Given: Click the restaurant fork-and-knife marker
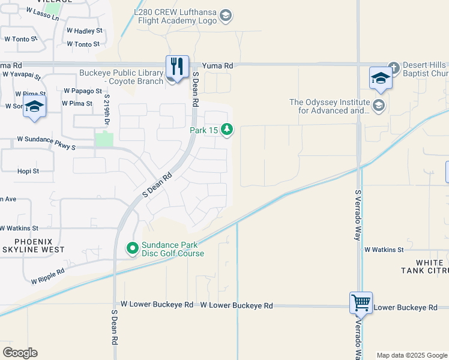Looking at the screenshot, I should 177,67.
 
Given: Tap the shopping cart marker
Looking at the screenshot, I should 361,303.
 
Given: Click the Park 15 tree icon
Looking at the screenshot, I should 227,129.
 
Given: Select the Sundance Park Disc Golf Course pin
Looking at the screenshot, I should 133,247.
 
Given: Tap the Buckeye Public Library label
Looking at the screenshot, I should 121,77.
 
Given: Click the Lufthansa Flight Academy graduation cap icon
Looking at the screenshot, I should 226,15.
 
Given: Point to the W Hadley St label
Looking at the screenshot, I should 85,30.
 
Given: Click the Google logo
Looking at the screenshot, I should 20,353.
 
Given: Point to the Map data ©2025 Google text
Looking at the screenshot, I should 411,355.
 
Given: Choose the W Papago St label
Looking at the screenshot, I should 82,91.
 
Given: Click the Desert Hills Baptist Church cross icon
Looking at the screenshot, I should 394,67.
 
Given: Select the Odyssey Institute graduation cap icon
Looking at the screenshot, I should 378,106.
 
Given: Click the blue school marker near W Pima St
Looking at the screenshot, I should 35,106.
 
